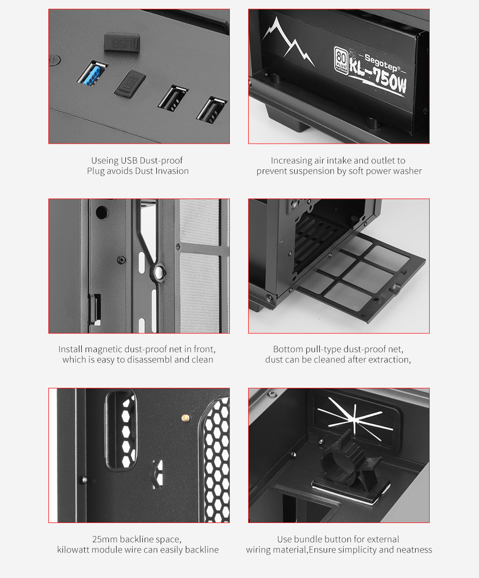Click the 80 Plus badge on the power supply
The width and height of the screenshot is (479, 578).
pyautogui.click(x=341, y=59)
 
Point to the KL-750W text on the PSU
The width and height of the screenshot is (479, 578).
pyautogui.click(x=378, y=77)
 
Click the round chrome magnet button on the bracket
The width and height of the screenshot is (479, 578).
pyautogui.click(x=159, y=272)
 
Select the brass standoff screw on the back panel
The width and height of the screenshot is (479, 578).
pyautogui.click(x=186, y=418)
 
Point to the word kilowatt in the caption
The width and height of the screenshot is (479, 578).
pyautogui.click(x=73, y=550)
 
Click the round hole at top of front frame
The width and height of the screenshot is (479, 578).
pyautogui.click(x=102, y=213)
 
